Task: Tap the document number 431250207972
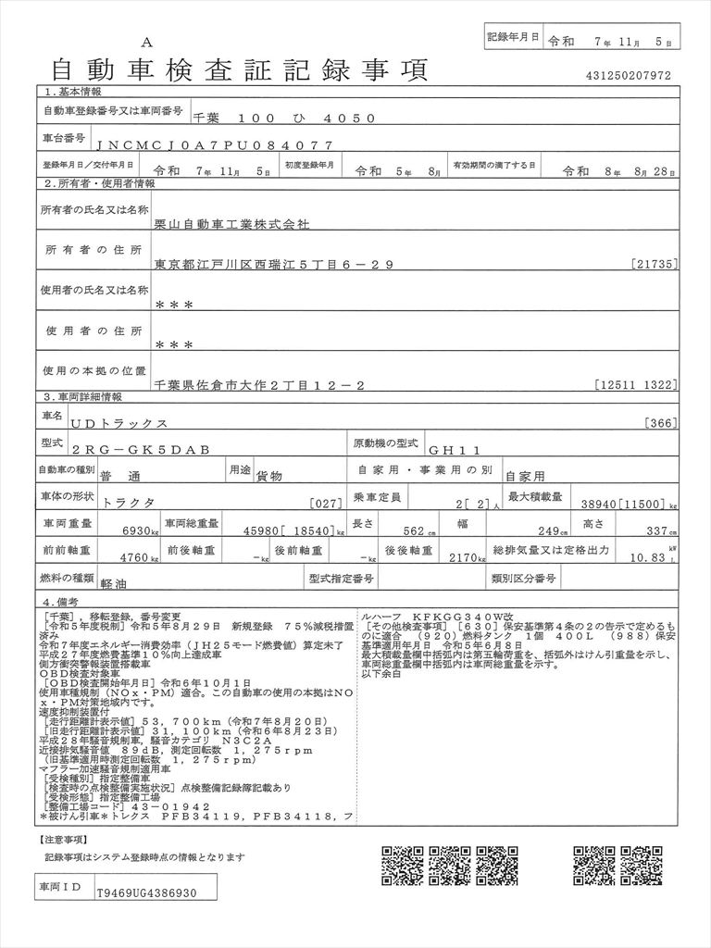628,76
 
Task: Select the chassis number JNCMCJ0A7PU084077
214,145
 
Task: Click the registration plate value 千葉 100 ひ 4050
283,118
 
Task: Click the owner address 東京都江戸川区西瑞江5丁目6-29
275,265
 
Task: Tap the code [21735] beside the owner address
656,265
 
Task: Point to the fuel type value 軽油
119,585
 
